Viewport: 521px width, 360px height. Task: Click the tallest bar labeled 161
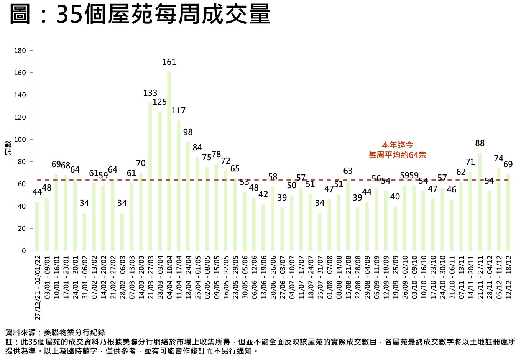pos(169,161)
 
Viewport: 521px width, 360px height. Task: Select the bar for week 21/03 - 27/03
pos(150,176)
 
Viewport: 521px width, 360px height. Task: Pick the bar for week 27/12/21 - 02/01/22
pos(37,226)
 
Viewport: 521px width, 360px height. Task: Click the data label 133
pos(150,93)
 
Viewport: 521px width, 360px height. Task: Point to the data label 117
pos(178,111)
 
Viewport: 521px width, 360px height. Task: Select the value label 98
pos(188,132)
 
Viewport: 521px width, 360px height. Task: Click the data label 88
pos(480,143)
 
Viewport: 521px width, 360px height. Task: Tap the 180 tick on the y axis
pos(20,51)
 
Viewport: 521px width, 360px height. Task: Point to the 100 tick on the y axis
pos(20,140)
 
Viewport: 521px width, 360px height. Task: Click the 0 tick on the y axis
pos(24,251)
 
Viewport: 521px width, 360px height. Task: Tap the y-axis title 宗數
pos(8,148)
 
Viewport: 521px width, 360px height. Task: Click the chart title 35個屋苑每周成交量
pos(163,15)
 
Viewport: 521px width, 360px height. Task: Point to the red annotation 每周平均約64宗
pos(397,155)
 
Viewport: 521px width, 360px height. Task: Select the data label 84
pos(197,148)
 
